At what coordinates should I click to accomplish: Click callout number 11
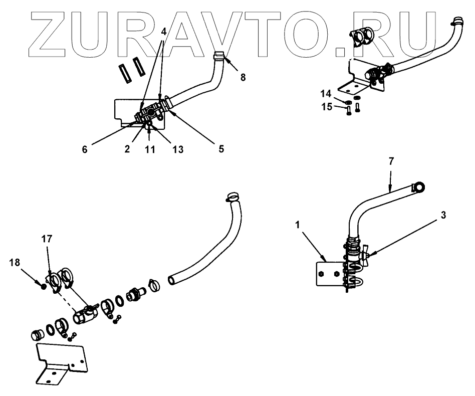click(x=149, y=149)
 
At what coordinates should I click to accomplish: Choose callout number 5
click(x=220, y=149)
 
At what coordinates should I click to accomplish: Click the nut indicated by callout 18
click(x=44, y=287)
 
